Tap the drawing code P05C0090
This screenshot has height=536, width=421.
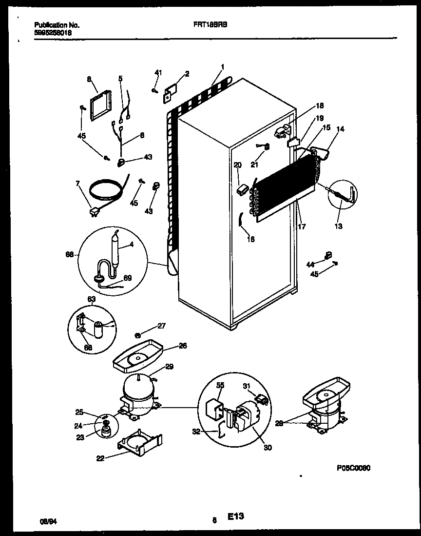(x=353, y=467)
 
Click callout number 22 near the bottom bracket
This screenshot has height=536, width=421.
(x=100, y=457)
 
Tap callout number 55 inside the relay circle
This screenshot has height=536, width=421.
(x=220, y=385)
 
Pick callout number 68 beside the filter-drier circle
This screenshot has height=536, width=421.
(x=69, y=253)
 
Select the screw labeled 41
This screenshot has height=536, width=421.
(x=154, y=90)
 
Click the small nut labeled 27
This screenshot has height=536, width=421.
(x=138, y=335)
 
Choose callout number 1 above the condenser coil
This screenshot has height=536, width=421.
(x=222, y=66)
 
